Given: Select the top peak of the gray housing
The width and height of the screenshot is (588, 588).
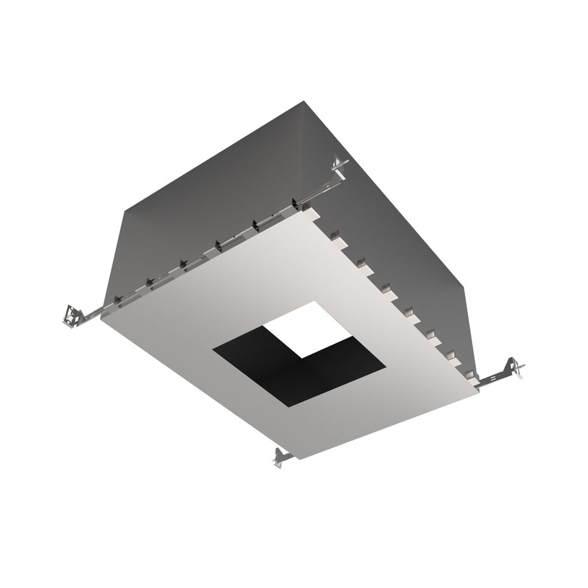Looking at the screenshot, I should [304, 100].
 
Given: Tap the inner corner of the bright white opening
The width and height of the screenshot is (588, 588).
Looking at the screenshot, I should [302, 357].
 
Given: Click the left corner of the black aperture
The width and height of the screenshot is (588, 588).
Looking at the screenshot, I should [213, 350].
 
